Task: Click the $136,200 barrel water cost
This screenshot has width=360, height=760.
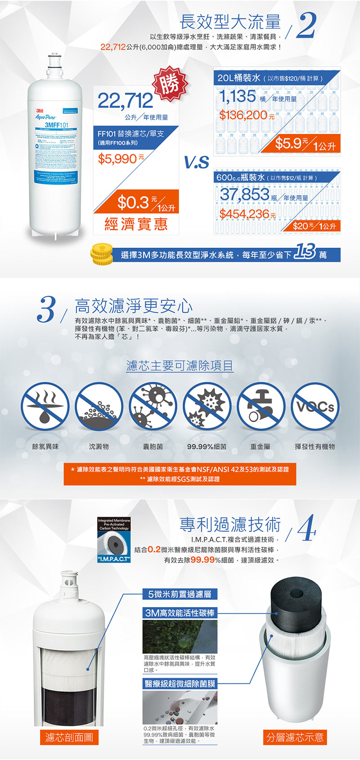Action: [x=243, y=115]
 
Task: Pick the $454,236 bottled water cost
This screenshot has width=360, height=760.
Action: [x=244, y=214]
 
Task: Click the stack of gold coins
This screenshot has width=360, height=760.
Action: [x=102, y=255]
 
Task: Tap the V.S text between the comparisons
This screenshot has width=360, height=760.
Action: [x=197, y=162]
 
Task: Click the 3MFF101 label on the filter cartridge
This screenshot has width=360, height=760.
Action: [x=57, y=125]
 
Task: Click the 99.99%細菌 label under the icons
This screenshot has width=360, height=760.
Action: [x=207, y=447]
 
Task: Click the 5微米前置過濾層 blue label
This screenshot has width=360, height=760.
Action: [x=180, y=594]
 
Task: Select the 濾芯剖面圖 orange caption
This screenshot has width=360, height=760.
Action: [x=69, y=737]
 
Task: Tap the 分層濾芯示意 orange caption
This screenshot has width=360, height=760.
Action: [x=295, y=737]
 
